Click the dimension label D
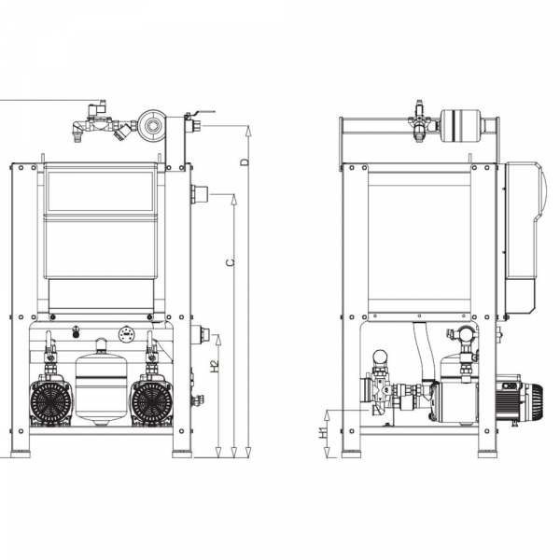(245, 161)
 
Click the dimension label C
(231, 262)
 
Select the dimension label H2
(215, 367)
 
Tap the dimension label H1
(323, 433)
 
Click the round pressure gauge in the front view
(127, 334)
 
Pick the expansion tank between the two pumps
(102, 382)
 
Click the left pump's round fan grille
(50, 402)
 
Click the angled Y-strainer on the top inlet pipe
(123, 133)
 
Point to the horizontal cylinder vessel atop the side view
(461, 126)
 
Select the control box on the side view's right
(525, 239)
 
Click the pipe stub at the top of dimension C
(200, 194)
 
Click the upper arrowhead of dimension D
(248, 131)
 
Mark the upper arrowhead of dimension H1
(327, 414)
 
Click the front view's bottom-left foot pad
(21, 455)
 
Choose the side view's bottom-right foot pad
(488, 455)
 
